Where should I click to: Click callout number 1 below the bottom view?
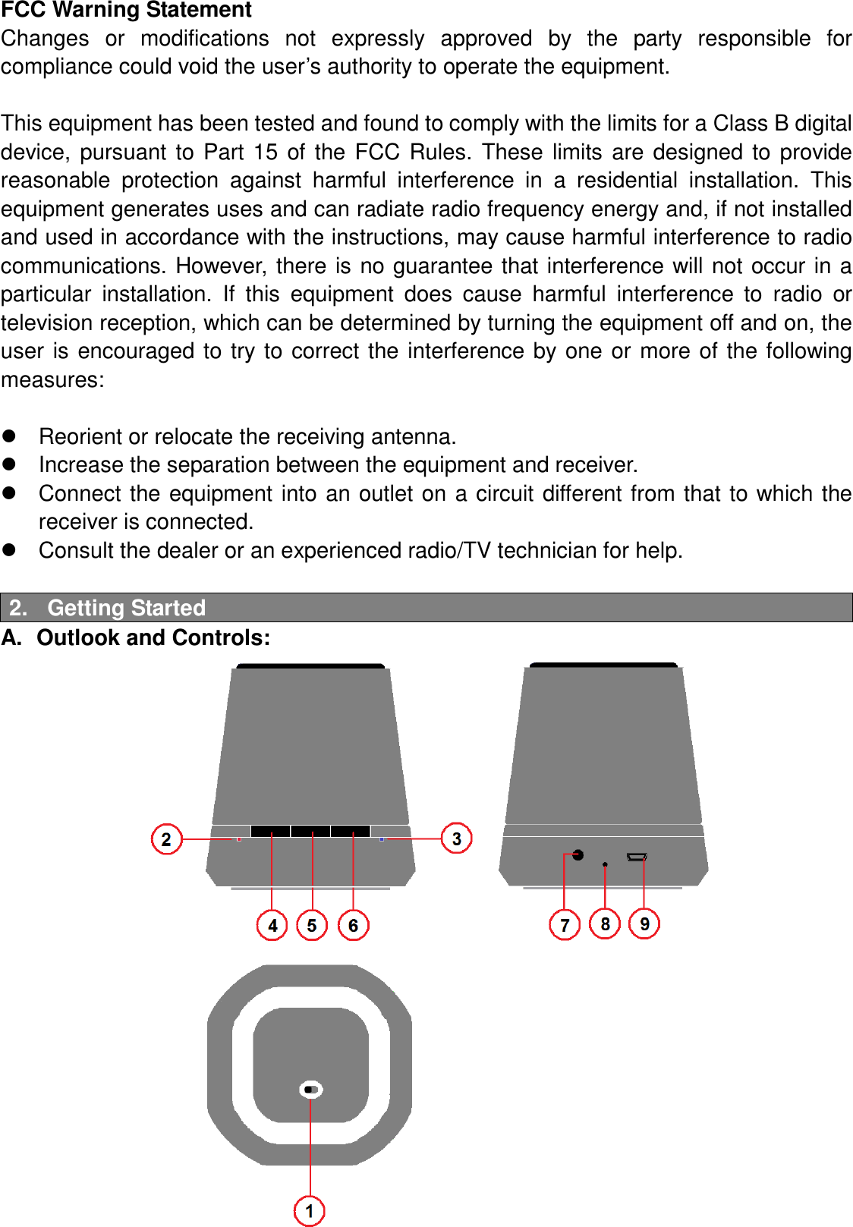[309, 1210]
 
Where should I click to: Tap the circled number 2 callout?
[166, 838]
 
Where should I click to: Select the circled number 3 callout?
[456, 838]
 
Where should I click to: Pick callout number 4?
[272, 925]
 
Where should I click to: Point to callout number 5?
[312, 925]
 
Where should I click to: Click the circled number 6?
[353, 925]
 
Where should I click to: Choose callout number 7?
[564, 924]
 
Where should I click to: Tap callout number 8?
[605, 923]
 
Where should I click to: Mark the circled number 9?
[644, 923]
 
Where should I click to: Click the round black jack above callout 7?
[578, 855]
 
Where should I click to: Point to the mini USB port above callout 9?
[637, 857]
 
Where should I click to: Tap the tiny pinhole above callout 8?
[605, 864]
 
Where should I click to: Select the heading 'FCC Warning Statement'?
[126, 10]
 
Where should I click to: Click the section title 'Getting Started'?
[126, 608]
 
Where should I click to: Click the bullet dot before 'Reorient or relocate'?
[9, 436]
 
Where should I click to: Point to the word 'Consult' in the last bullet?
[76, 550]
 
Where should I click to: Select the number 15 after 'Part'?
[266, 152]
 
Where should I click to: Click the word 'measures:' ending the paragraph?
[52, 379]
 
